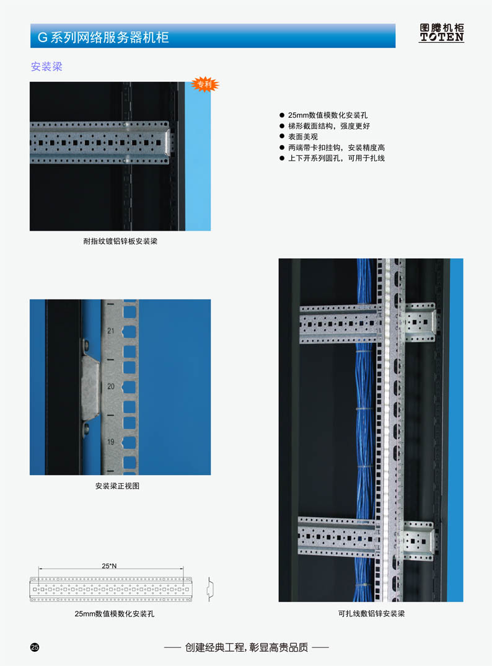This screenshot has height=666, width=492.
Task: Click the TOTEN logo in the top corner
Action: pyautogui.click(x=441, y=33)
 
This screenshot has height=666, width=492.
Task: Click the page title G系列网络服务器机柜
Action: pyautogui.click(x=103, y=37)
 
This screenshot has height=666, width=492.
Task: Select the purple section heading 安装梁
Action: pyautogui.click(x=46, y=66)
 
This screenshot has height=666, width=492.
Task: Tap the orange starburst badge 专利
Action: pyautogui.click(x=204, y=84)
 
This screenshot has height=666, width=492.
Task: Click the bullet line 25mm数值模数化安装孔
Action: pyautogui.click(x=327, y=115)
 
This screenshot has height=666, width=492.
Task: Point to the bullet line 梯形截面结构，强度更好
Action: pyautogui.click(x=328, y=126)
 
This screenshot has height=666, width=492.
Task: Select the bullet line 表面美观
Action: pyautogui.click(x=302, y=136)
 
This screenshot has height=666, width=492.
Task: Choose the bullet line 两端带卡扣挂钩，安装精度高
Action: pyautogui.click(x=336, y=148)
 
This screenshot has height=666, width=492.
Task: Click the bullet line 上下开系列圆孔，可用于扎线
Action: pyautogui.click(x=336, y=158)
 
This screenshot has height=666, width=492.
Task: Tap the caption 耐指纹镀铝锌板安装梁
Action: pyautogui.click(x=120, y=241)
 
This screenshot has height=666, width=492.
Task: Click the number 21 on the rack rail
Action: pyautogui.click(x=111, y=331)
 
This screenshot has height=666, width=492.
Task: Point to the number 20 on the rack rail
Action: pyautogui.click(x=111, y=386)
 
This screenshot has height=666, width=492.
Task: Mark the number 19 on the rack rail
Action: pyautogui.click(x=111, y=442)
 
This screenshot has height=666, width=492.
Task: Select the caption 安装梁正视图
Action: pyautogui.click(x=117, y=486)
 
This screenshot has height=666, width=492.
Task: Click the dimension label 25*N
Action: pyautogui.click(x=109, y=566)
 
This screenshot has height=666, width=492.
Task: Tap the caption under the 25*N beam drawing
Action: pyautogui.click(x=114, y=614)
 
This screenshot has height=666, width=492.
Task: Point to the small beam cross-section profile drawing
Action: pyautogui.click(x=209, y=589)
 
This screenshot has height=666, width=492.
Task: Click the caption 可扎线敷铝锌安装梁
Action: pyautogui.click(x=371, y=613)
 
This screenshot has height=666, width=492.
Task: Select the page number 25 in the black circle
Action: pyautogui.click(x=35, y=647)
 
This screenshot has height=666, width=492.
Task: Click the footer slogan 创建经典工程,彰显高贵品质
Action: pyautogui.click(x=246, y=647)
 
